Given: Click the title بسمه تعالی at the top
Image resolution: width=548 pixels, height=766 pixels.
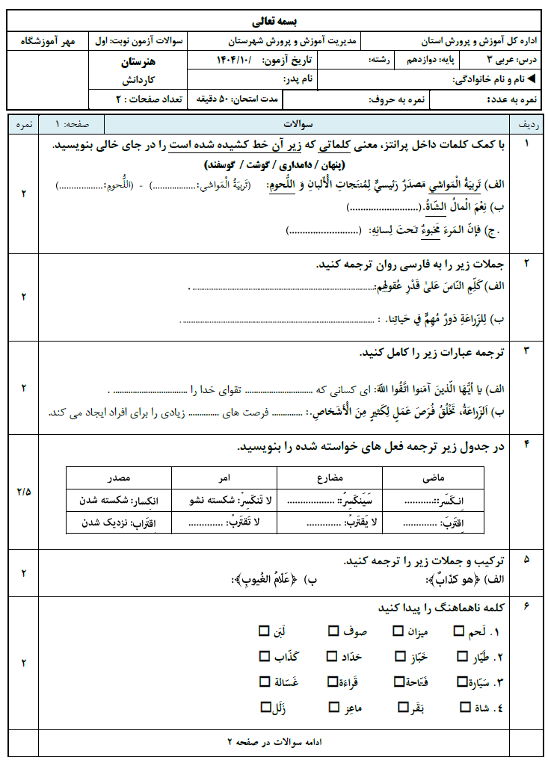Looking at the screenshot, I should coord(274,20).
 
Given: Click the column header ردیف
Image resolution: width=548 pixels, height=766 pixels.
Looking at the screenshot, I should coord(526,124).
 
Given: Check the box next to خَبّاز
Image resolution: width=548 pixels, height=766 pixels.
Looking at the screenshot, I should coord(398,656).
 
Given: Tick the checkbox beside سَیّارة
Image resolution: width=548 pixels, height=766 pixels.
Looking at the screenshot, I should coord(458,681).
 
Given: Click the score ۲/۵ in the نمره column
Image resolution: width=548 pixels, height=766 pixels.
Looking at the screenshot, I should coord(23,491).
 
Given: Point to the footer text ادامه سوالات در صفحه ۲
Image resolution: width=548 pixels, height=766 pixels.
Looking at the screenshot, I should coord(274,742).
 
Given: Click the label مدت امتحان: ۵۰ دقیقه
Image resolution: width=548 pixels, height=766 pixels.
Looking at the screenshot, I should coord(238,99).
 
